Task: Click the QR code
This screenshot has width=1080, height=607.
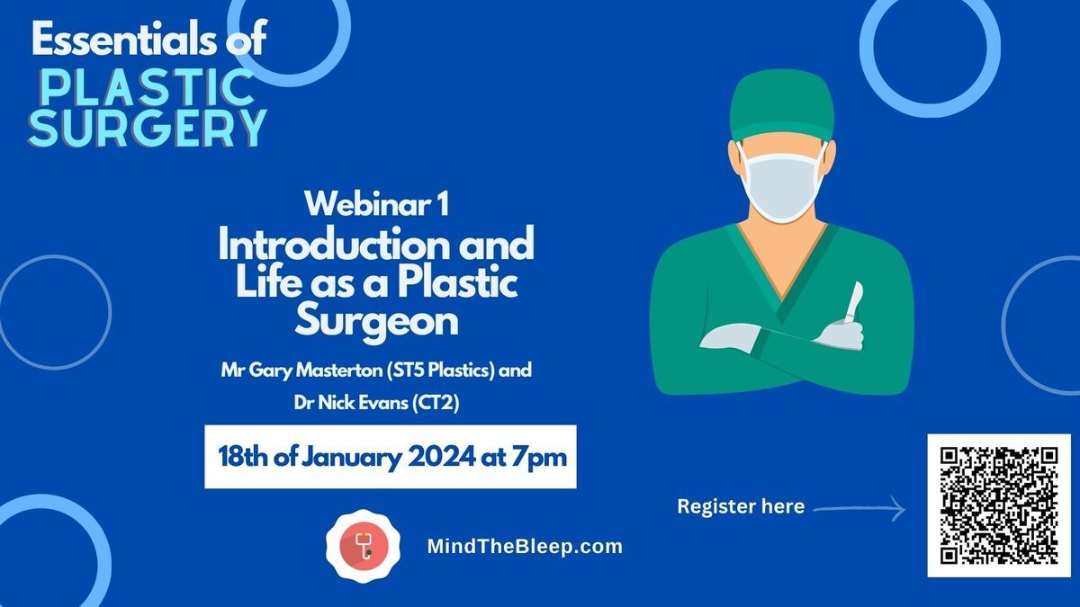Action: tap(999, 504)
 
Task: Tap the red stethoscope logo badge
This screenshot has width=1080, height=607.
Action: tap(363, 546)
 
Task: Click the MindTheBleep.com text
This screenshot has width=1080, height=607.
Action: tap(525, 547)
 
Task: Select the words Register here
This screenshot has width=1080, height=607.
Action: tap(741, 506)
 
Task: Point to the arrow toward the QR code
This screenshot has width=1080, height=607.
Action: tap(859, 508)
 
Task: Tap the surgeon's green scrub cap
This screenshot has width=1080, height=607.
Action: tap(781, 105)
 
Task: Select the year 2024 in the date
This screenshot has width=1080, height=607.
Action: tap(441, 456)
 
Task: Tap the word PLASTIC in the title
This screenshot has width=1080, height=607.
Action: tap(148, 87)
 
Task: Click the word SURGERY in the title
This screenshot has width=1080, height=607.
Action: tap(148, 128)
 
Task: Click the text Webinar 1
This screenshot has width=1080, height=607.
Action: tap(376, 204)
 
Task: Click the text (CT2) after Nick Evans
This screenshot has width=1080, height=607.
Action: tap(436, 403)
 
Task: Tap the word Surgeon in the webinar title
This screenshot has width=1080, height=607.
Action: tap(376, 321)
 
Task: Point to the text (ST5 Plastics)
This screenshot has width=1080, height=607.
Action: tap(441, 370)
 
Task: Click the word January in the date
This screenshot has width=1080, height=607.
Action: tap(352, 458)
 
